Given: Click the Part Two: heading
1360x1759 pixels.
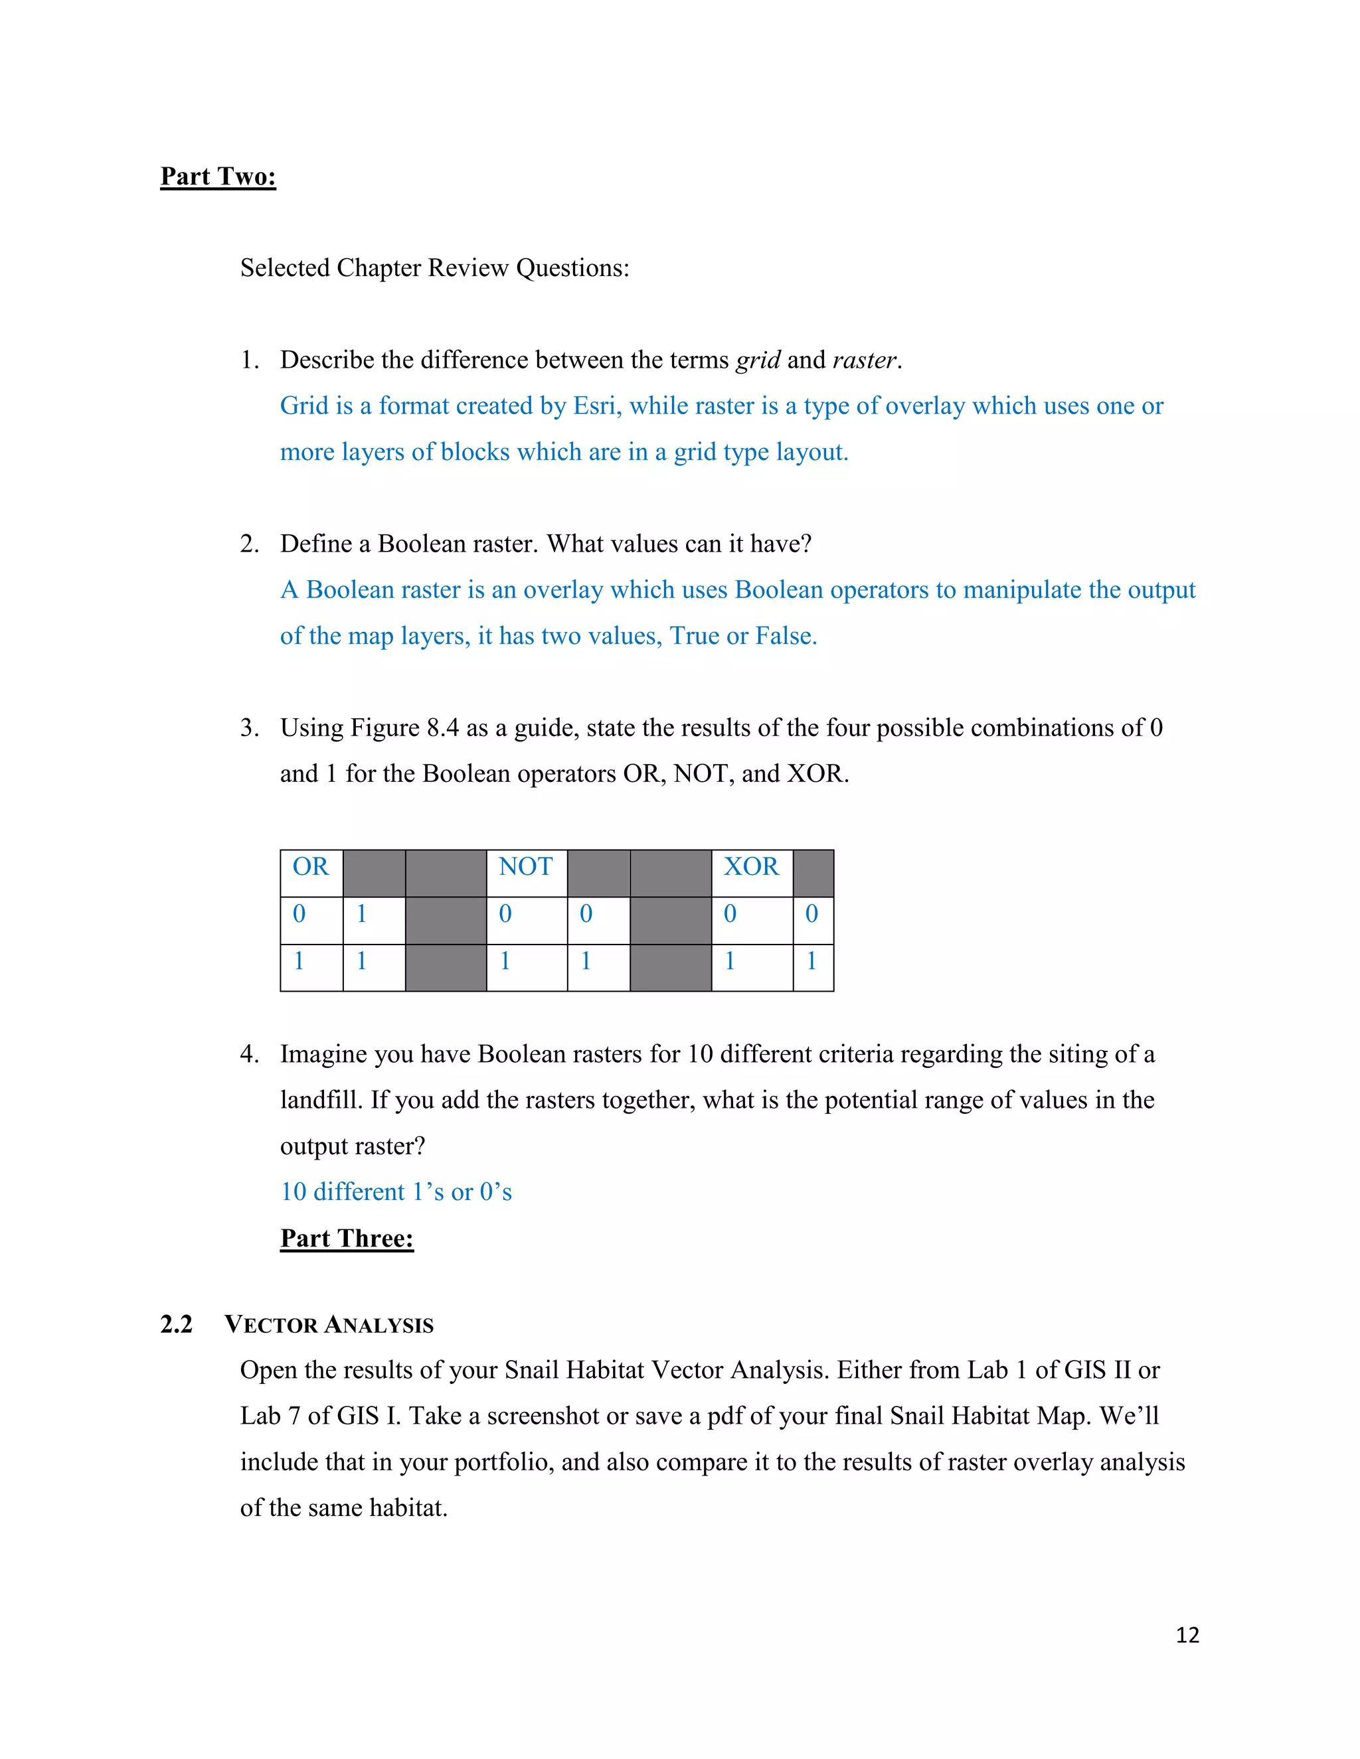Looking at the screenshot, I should pyautogui.click(x=218, y=177).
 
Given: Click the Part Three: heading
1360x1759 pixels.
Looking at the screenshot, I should pyautogui.click(x=347, y=1238).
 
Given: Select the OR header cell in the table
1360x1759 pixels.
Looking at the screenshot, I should pyautogui.click(x=311, y=868).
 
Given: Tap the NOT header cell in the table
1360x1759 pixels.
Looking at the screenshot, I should pyautogui.click(x=525, y=868).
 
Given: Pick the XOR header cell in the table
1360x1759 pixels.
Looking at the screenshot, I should pyautogui.click(x=751, y=868).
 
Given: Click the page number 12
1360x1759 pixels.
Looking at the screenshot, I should pyautogui.click(x=1187, y=1635).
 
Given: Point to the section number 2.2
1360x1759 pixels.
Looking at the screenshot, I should pyautogui.click(x=177, y=1324).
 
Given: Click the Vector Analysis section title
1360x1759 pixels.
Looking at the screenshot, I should pyautogui.click(x=329, y=1325).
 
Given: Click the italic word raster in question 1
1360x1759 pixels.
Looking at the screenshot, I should pyautogui.click(x=865, y=360).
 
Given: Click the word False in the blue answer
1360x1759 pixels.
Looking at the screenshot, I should pyautogui.click(x=785, y=637).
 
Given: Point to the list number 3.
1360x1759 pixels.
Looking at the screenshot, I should pyautogui.click(x=249, y=728).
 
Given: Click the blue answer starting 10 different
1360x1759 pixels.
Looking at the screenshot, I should pyautogui.click(x=396, y=1192).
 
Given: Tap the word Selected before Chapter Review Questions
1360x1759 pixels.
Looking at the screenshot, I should pyautogui.click(x=284, y=268).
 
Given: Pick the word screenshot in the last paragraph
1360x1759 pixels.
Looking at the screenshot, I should pyautogui.click(x=543, y=1416).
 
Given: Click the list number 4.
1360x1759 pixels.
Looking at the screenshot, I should pyautogui.click(x=249, y=1054).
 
